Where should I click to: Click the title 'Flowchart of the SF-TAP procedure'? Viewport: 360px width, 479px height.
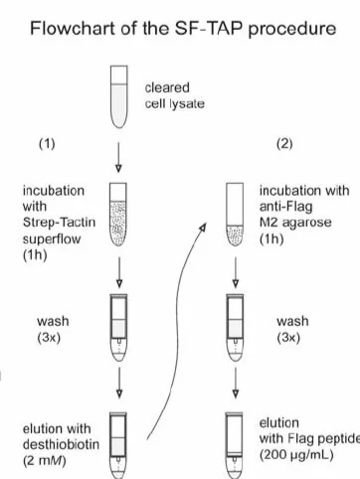click(179, 29)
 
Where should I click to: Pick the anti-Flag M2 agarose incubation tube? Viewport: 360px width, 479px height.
click(237, 212)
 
